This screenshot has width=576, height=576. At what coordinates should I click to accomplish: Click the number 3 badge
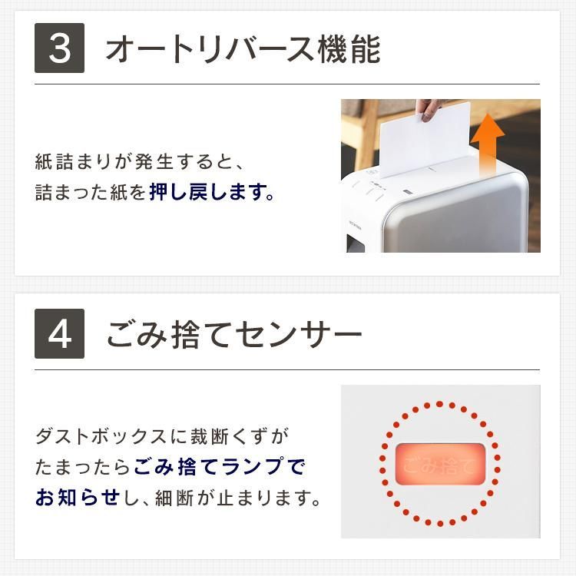coord(59,48)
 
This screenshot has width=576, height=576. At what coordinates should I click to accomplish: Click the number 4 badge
coord(59,333)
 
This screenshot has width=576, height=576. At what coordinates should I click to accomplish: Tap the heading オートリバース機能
coord(243,49)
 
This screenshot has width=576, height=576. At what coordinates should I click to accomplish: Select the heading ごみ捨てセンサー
coord(234,334)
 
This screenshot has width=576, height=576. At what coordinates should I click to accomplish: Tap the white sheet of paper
coord(425,140)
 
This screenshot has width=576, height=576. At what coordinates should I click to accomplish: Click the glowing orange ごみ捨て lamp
coord(440,464)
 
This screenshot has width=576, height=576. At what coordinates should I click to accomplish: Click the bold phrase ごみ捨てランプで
coord(220,467)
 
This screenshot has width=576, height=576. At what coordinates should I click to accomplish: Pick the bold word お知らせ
coord(78,498)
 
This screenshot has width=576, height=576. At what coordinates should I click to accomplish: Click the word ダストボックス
coord(101,436)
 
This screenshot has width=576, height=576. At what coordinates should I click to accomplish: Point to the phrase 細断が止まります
coord(238,498)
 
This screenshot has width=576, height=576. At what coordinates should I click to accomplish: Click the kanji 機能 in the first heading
coord(349,49)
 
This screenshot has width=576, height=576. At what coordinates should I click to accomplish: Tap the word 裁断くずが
coord(240,436)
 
